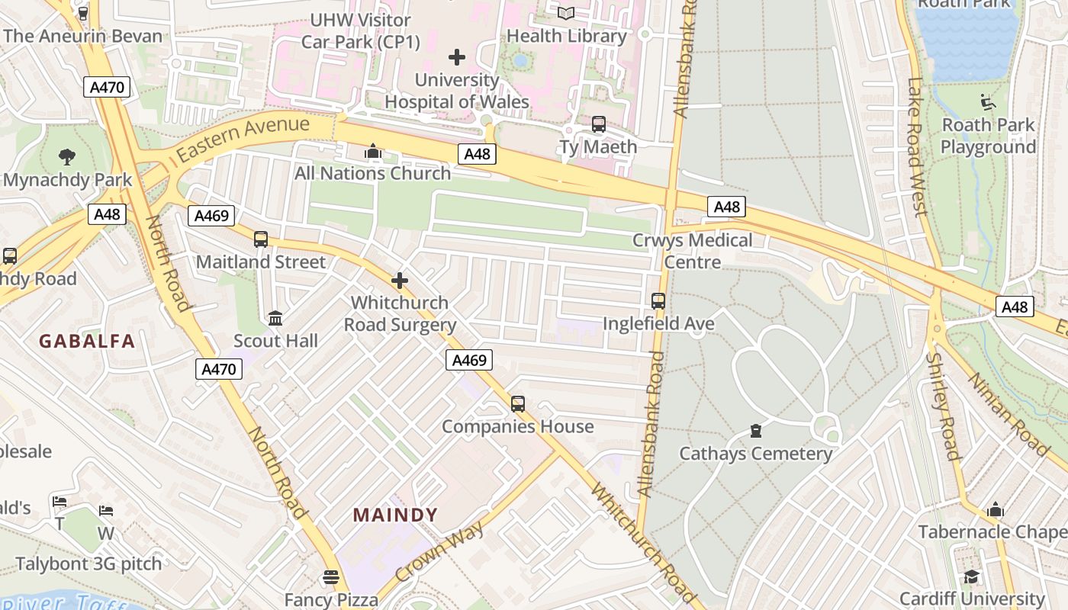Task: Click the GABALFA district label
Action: coord(87,341)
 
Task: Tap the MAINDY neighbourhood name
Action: coord(395,515)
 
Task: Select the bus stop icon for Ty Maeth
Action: coord(599,124)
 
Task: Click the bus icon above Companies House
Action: coord(518,403)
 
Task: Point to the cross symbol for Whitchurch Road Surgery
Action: coord(400,281)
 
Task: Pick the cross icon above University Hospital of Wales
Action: coord(457,57)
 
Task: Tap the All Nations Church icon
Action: coord(373,151)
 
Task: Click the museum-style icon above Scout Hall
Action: coord(275,318)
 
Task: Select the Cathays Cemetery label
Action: coord(755,454)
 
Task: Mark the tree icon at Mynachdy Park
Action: coord(67,157)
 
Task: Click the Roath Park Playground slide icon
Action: coord(988,101)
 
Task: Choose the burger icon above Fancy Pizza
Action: coord(330,577)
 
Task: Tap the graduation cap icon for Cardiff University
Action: coord(971,576)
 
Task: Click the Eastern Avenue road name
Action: coord(243,138)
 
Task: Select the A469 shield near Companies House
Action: coord(469,360)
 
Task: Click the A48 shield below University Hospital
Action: coord(478,154)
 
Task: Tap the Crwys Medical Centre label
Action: coord(692,251)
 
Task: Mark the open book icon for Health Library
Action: coord(566,13)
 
